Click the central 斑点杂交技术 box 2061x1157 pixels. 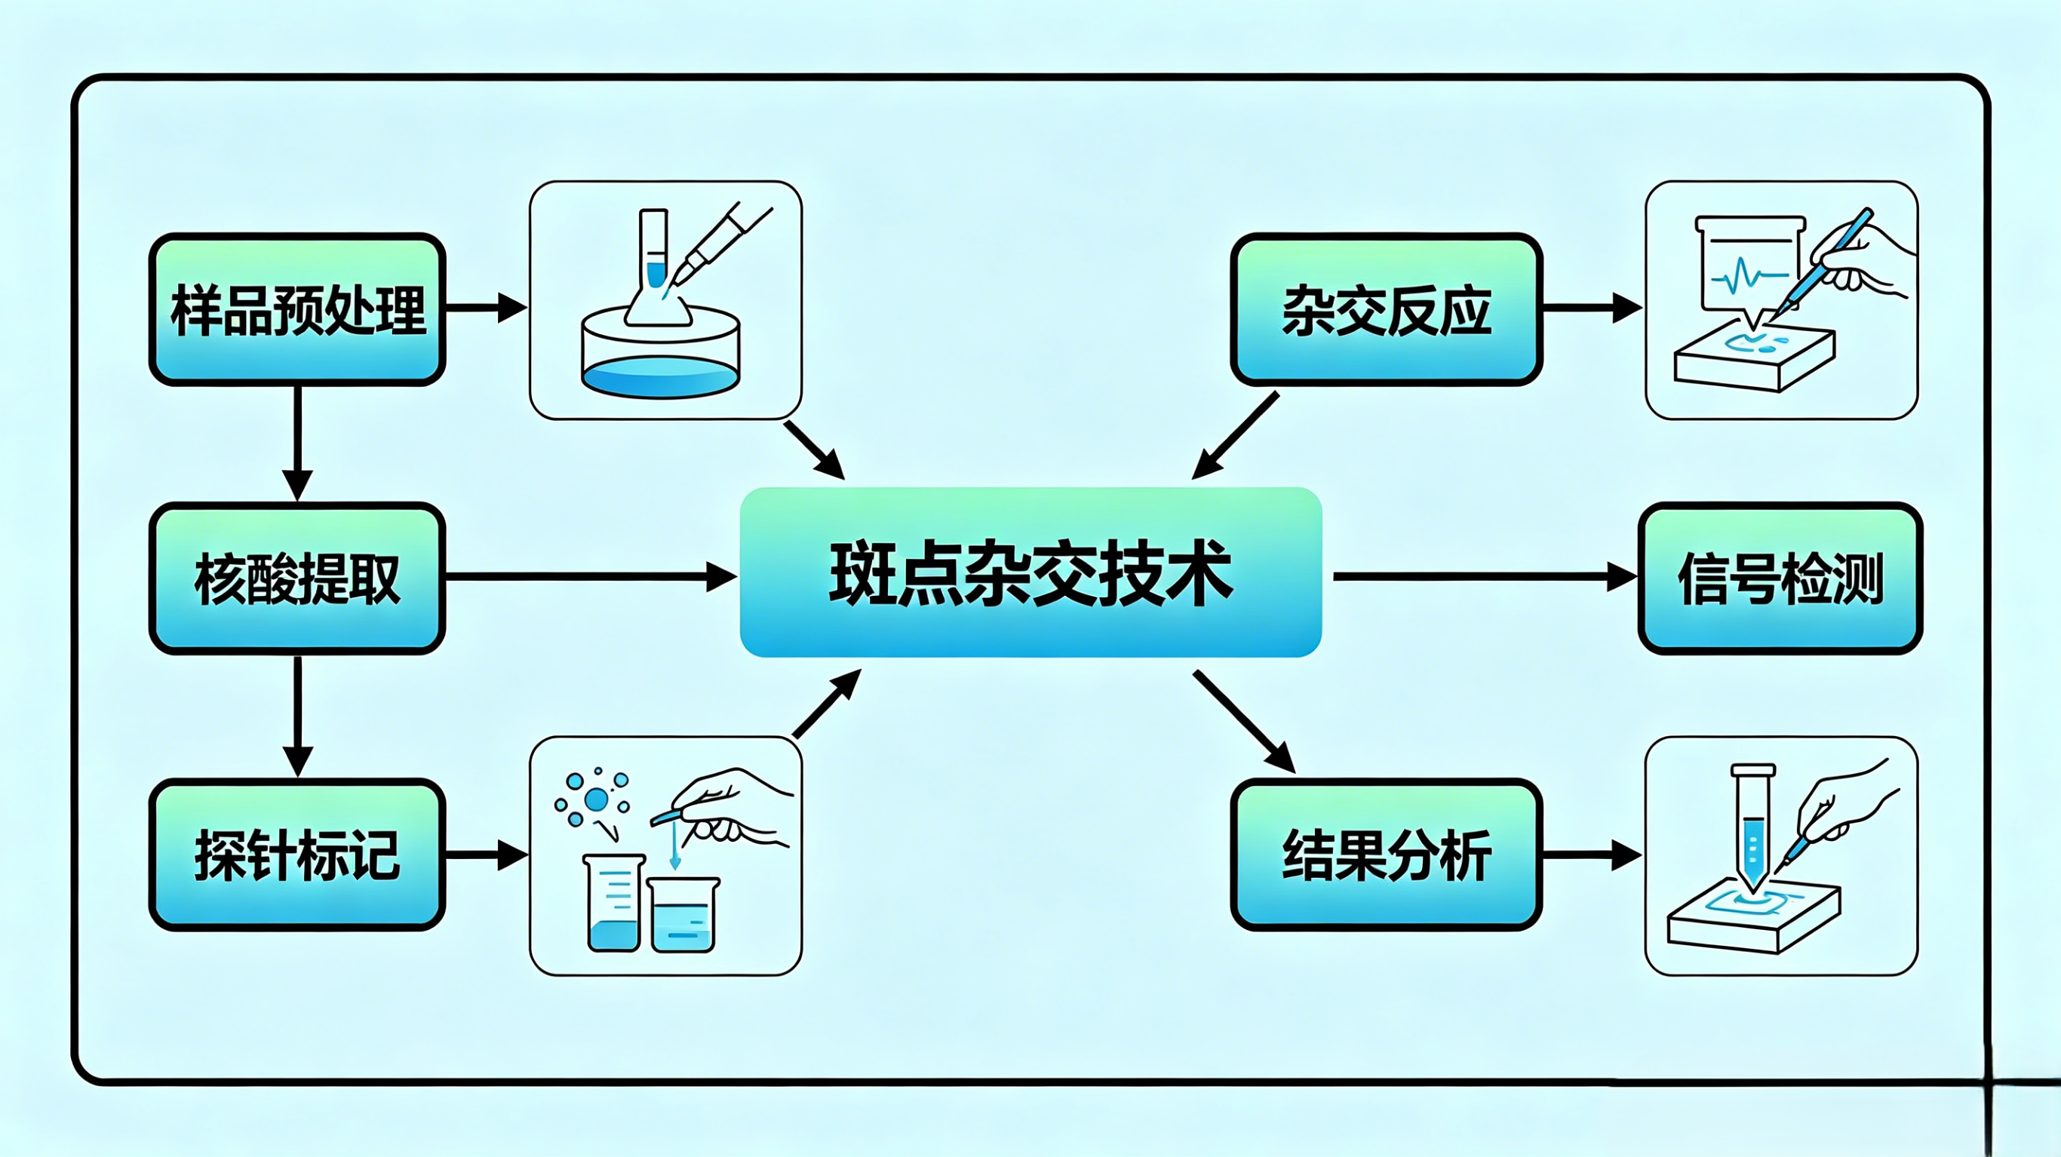click(x=1030, y=572)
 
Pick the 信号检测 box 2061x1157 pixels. click(x=1780, y=578)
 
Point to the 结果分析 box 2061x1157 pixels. click(x=1387, y=855)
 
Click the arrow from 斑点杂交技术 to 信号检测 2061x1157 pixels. click(x=1485, y=576)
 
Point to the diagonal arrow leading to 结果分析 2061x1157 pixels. click(x=1245, y=723)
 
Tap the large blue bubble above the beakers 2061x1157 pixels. click(x=596, y=799)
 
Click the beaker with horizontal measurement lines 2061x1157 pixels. click(x=613, y=903)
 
